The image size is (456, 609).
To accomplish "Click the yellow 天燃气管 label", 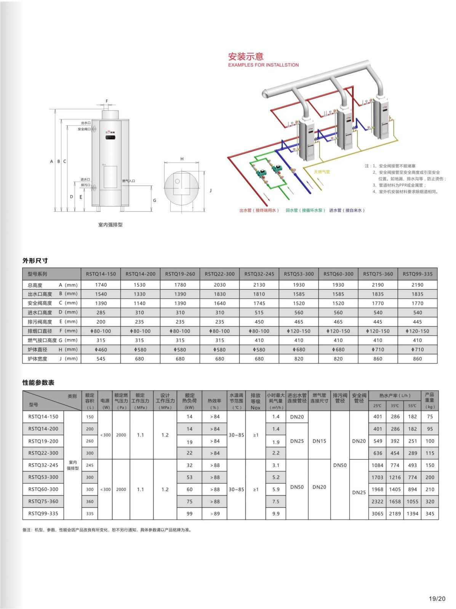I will [322, 172].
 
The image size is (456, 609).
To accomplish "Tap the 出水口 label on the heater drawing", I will [85, 123].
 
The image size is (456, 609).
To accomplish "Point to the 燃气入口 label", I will [128, 181].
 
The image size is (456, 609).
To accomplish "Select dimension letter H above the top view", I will [182, 159].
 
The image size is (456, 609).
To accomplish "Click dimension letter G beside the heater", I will [155, 200].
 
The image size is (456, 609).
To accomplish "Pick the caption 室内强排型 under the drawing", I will [110, 225].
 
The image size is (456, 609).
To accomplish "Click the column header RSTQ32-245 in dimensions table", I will [259, 274].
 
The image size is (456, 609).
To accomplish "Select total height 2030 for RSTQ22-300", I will [219, 285].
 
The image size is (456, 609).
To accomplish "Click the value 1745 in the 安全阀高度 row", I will [259, 303].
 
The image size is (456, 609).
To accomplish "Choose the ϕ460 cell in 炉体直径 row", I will [101, 349].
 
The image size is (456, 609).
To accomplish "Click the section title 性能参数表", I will [38, 383].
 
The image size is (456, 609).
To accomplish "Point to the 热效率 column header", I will [214, 401].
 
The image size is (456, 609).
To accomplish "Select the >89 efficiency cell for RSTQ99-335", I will [214, 513].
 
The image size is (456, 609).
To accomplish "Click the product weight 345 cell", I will [430, 513].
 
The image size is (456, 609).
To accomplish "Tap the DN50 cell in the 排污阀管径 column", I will [340, 465].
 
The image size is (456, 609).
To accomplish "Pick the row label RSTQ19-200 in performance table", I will [43, 441].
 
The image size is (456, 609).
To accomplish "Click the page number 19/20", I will [437, 599].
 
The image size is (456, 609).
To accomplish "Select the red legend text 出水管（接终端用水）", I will [259, 210].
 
